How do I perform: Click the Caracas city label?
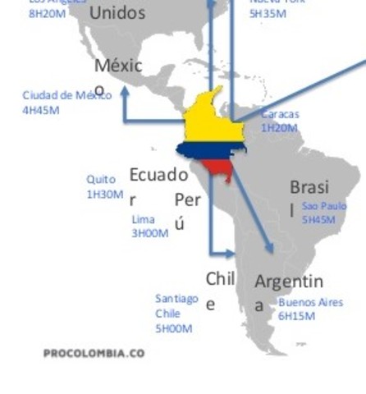[x=280, y=115]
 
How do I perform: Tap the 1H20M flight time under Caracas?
[x=280, y=128]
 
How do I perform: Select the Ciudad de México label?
[x=66, y=95]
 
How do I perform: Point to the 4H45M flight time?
[x=41, y=109]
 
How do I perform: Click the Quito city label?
[x=101, y=180]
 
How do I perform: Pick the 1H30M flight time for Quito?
[x=105, y=195]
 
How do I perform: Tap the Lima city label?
[x=143, y=220]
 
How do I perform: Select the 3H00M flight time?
[x=150, y=233]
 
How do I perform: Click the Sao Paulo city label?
[x=324, y=206]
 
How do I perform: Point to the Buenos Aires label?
[x=311, y=302]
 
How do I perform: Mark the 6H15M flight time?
[x=296, y=315]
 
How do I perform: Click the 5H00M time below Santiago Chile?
[x=174, y=328]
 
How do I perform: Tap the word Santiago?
[x=176, y=299]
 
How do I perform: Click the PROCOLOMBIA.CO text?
[x=94, y=353]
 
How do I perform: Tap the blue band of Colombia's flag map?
[x=209, y=150]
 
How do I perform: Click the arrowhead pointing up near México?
[x=125, y=92]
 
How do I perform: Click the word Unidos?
[x=117, y=12]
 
